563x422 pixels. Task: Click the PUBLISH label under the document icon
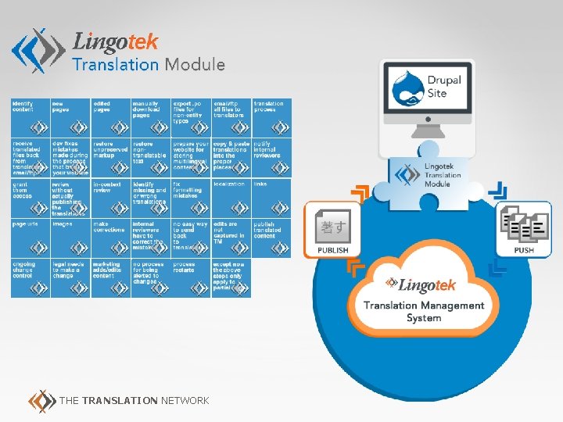pos(332,250)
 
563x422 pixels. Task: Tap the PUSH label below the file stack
pos(524,250)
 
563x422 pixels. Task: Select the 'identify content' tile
pos(30,118)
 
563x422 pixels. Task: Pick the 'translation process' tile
pos(271,118)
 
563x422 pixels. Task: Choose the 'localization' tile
pos(231,198)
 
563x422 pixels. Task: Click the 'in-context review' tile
pos(110,198)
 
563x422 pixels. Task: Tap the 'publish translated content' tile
pos(271,238)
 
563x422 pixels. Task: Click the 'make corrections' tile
pos(110,238)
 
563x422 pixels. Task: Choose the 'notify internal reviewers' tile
pos(271,158)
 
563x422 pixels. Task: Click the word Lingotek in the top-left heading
pos(115,41)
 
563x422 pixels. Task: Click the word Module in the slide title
pos(195,65)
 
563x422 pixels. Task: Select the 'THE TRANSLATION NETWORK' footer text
pos(134,400)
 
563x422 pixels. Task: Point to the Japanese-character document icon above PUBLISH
pos(332,227)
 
